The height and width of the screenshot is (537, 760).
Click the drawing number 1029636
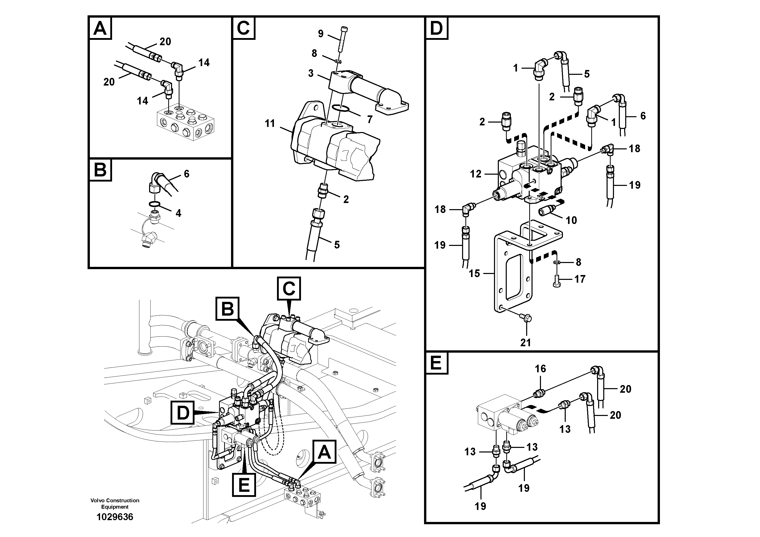click(115, 517)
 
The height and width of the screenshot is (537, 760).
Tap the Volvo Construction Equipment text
click(115, 503)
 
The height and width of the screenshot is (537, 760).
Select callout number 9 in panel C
click(320, 33)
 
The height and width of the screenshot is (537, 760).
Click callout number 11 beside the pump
click(270, 124)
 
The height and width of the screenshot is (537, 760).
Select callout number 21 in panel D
click(525, 343)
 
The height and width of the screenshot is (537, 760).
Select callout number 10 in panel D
click(571, 220)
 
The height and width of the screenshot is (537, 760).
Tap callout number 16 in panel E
click(540, 368)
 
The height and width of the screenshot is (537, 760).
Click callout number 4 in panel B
click(178, 213)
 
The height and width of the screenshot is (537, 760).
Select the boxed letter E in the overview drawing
click(244, 485)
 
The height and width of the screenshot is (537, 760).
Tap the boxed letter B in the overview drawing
click(227, 309)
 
